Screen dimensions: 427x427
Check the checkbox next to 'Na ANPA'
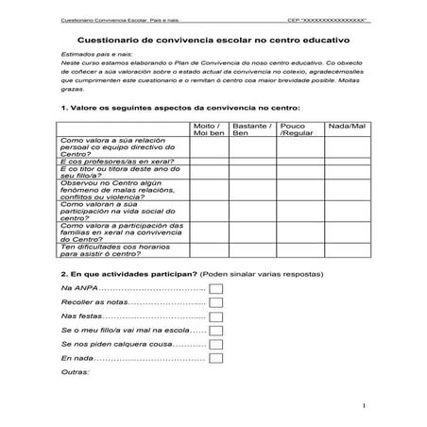[x=215, y=287]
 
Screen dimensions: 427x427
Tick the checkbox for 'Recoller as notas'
[x=215, y=301]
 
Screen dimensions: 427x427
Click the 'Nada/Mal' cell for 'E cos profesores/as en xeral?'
[x=345, y=162]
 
